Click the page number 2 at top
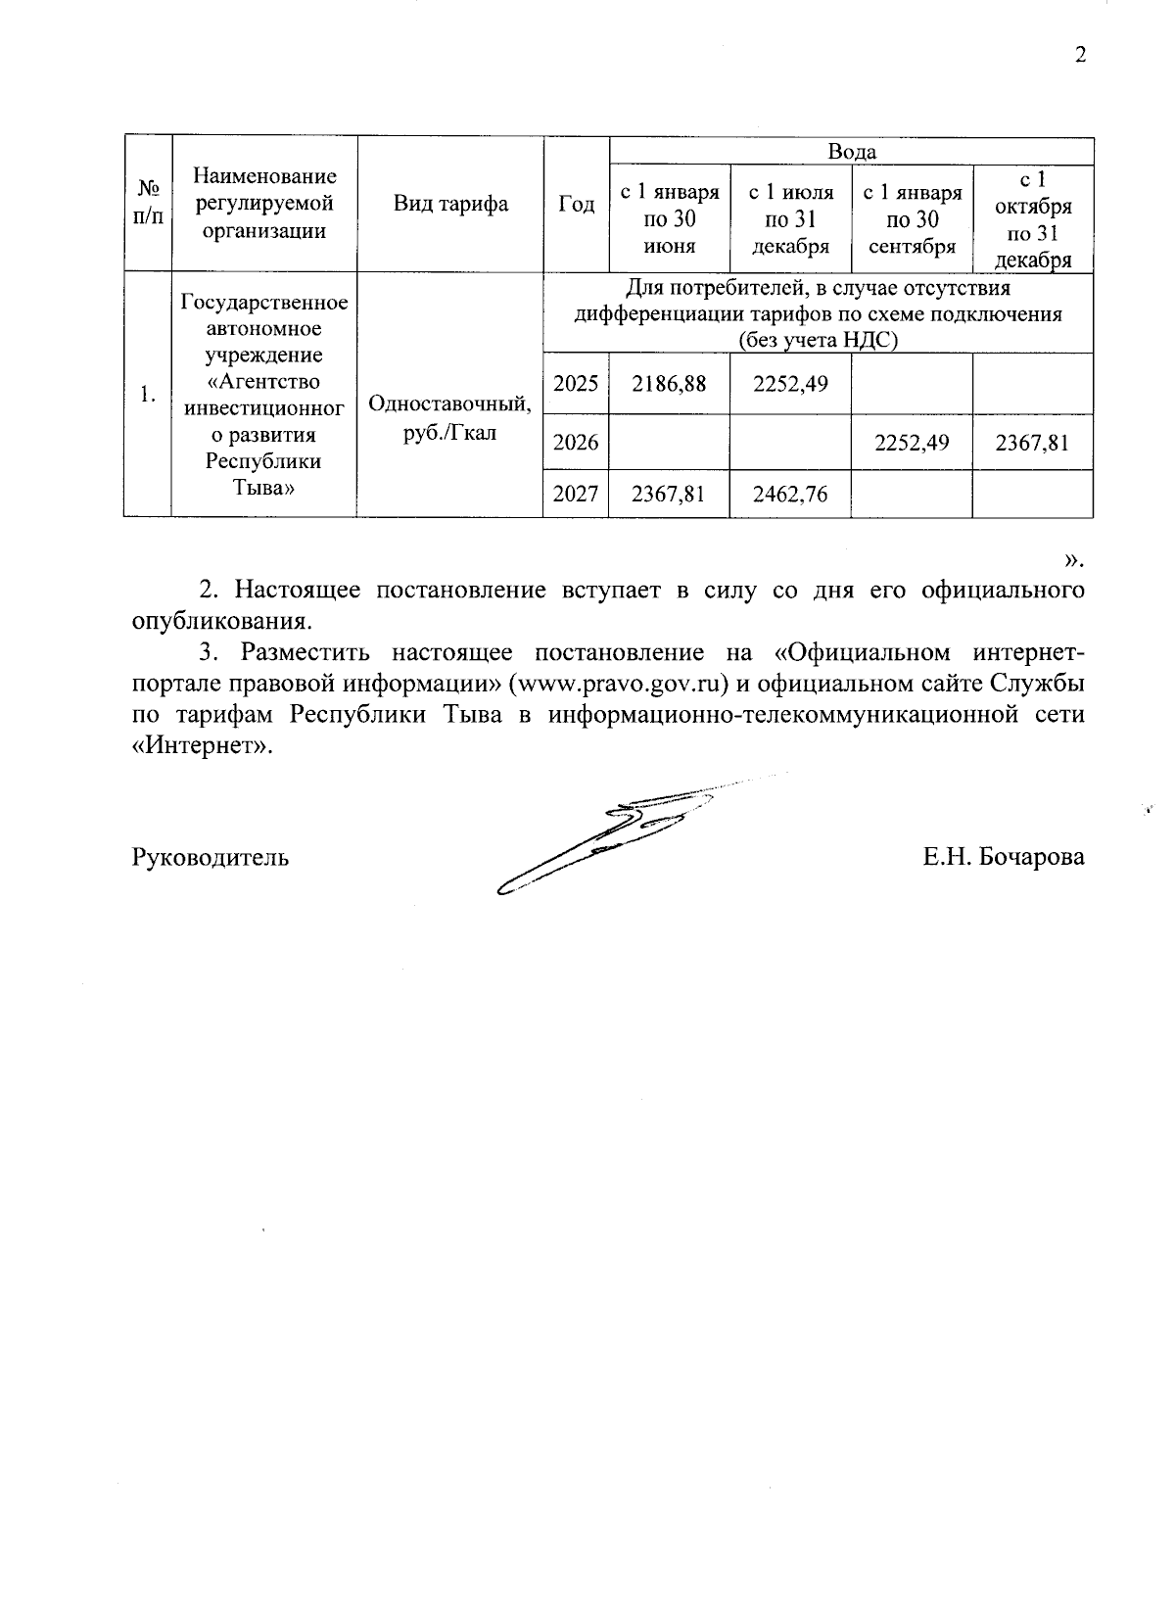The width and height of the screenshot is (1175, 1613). click(1080, 55)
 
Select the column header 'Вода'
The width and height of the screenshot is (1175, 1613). click(851, 152)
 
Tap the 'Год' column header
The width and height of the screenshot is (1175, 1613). click(576, 204)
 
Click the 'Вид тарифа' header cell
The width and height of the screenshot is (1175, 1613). click(450, 204)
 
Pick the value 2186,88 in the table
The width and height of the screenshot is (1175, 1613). click(669, 383)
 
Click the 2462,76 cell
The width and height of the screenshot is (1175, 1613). click(790, 495)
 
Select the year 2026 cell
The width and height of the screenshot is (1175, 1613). click(576, 443)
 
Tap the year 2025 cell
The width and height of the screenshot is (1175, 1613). click(576, 383)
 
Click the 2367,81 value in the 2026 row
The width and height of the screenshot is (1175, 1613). click(1032, 443)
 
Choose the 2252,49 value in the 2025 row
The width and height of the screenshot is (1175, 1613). click(790, 383)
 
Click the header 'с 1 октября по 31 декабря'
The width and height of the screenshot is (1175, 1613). click(1032, 220)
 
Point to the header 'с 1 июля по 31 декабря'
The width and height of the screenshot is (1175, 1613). click(790, 219)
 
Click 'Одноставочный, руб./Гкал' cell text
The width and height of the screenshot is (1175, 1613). click(450, 417)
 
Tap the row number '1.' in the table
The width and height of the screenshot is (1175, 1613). click(147, 395)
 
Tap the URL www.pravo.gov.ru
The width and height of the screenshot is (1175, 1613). click(620, 684)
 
